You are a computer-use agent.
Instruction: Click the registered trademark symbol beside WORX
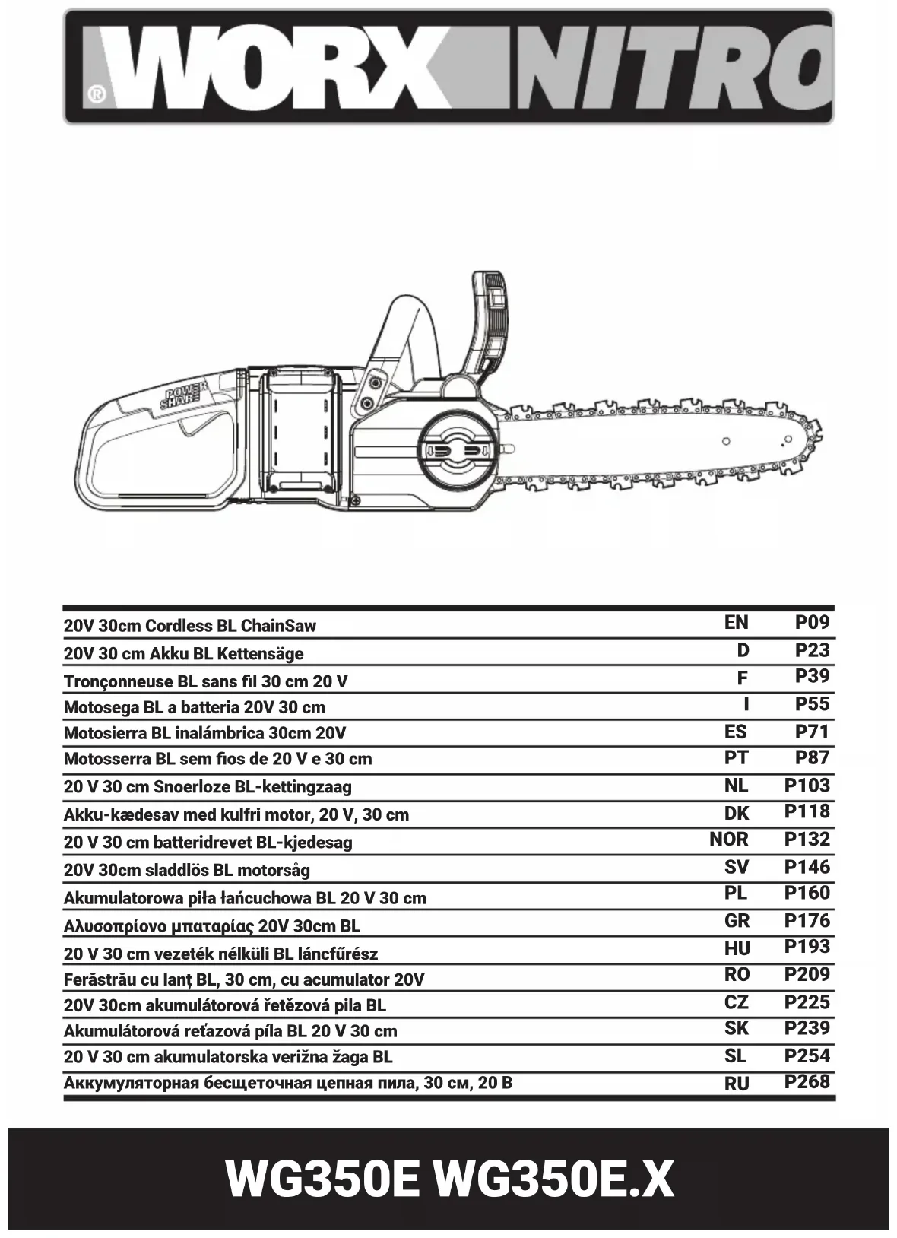pos(97,94)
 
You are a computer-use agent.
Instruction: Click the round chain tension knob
pos(455,450)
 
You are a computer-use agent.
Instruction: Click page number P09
pos(812,623)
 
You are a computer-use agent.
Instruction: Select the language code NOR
pos(729,840)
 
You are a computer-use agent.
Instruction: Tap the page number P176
pos(807,921)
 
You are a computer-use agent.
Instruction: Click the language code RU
pos(737,1084)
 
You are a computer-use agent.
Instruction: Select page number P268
pos(807,1081)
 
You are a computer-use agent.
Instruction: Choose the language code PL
pos(736,894)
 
